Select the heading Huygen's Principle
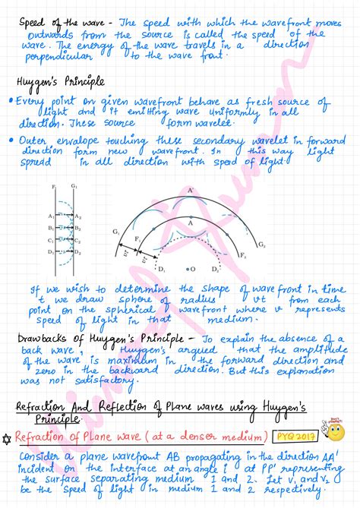(60, 80)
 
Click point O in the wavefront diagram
(193, 270)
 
